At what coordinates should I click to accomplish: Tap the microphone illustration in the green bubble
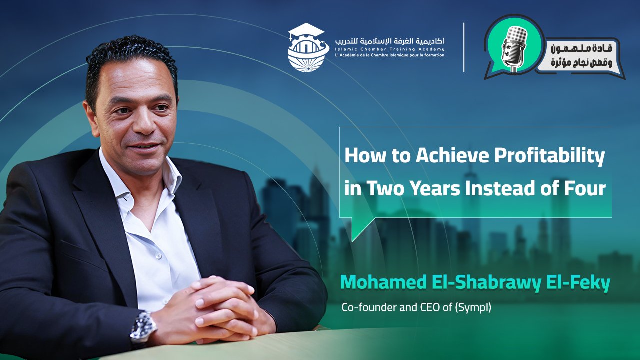click(x=514, y=49)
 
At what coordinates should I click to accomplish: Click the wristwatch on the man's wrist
click(x=143, y=328)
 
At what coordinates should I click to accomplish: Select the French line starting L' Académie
click(x=390, y=55)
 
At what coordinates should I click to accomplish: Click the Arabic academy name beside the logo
click(x=390, y=41)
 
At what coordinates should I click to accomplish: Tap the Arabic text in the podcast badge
click(x=581, y=56)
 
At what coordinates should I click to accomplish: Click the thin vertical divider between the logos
click(x=464, y=47)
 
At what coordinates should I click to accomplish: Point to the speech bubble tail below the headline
click(x=360, y=227)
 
